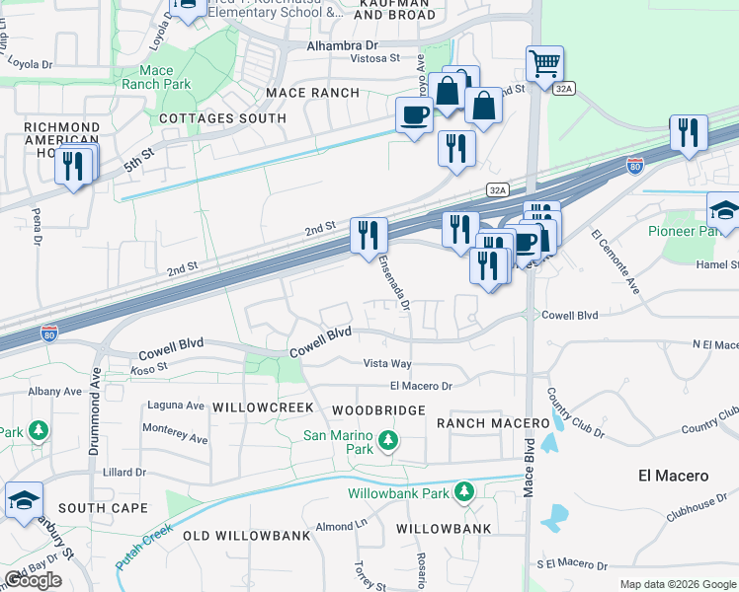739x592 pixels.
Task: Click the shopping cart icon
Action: tap(544, 65)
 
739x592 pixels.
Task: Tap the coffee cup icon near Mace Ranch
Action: tap(414, 114)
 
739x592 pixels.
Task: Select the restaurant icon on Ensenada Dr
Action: tap(369, 235)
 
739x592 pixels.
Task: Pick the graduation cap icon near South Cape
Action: tap(24, 500)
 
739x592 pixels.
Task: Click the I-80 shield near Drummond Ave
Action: tap(48, 334)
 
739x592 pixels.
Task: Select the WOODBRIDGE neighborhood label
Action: tap(378, 409)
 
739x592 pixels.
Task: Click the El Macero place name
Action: tap(673, 476)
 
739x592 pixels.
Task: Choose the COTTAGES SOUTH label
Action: tap(223, 118)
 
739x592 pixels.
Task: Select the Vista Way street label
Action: tap(386, 364)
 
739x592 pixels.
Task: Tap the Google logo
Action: tap(34, 580)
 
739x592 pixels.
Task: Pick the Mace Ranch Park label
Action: tap(156, 77)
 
